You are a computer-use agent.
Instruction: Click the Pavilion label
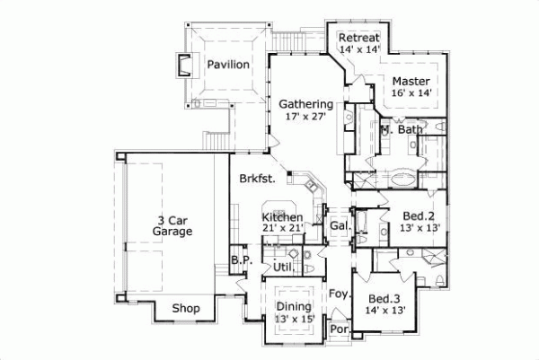coord(226,65)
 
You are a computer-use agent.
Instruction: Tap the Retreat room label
coord(359,37)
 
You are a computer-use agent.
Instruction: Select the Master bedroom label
coord(412,80)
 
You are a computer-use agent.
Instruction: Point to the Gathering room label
coord(305,103)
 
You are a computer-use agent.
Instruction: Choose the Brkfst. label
coord(256,178)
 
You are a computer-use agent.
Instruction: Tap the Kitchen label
coord(282,217)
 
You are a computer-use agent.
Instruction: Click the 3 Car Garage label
coord(172,224)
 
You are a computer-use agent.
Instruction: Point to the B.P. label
coord(239,260)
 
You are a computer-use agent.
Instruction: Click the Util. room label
coord(285,268)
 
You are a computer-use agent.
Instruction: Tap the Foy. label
coord(339,294)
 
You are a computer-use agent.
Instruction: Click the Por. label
coord(339,329)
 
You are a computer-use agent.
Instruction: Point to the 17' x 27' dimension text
coord(305,116)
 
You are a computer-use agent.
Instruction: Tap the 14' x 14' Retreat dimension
coord(359,49)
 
